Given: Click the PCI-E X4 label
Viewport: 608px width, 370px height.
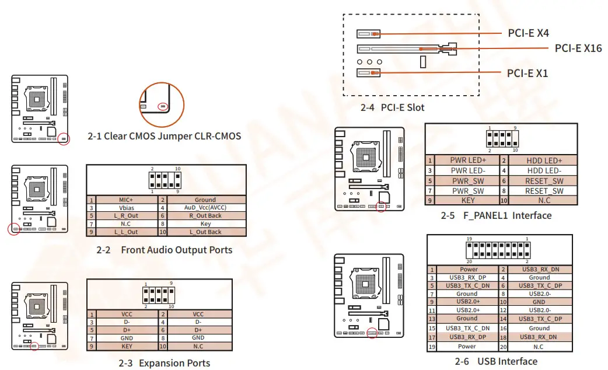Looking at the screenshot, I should pyautogui.click(x=527, y=33).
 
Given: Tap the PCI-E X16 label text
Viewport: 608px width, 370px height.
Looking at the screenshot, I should pyautogui.click(x=578, y=48).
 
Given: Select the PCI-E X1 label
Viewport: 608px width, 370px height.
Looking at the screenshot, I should pyautogui.click(x=527, y=74).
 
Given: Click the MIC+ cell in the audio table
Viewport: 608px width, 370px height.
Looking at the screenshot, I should pyautogui.click(x=126, y=200).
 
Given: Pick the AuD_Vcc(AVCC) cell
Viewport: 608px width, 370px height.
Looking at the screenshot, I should pyautogui.click(x=205, y=208).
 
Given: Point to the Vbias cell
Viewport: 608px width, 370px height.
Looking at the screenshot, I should pyautogui.click(x=126, y=208).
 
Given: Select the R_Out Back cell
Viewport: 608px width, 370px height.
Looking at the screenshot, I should pyautogui.click(x=205, y=215).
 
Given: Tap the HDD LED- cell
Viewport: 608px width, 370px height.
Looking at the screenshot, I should pyautogui.click(x=544, y=170).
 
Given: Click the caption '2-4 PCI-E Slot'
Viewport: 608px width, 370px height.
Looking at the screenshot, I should pyautogui.click(x=392, y=107).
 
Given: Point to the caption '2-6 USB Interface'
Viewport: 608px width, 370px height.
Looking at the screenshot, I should pyautogui.click(x=498, y=361).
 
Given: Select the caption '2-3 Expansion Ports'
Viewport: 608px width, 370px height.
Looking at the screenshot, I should pyautogui.click(x=164, y=363).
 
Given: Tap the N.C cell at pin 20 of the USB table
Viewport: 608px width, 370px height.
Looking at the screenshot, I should pyautogui.click(x=539, y=347).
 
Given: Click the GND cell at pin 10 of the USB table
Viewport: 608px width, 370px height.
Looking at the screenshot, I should pyautogui.click(x=539, y=302).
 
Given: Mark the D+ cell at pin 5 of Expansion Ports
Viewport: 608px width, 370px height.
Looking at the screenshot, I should pyautogui.click(x=126, y=330).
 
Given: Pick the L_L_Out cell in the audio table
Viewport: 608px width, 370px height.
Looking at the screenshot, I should pyautogui.click(x=126, y=232).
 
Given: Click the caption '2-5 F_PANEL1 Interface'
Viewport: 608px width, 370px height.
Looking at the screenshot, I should pyautogui.click(x=496, y=215).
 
